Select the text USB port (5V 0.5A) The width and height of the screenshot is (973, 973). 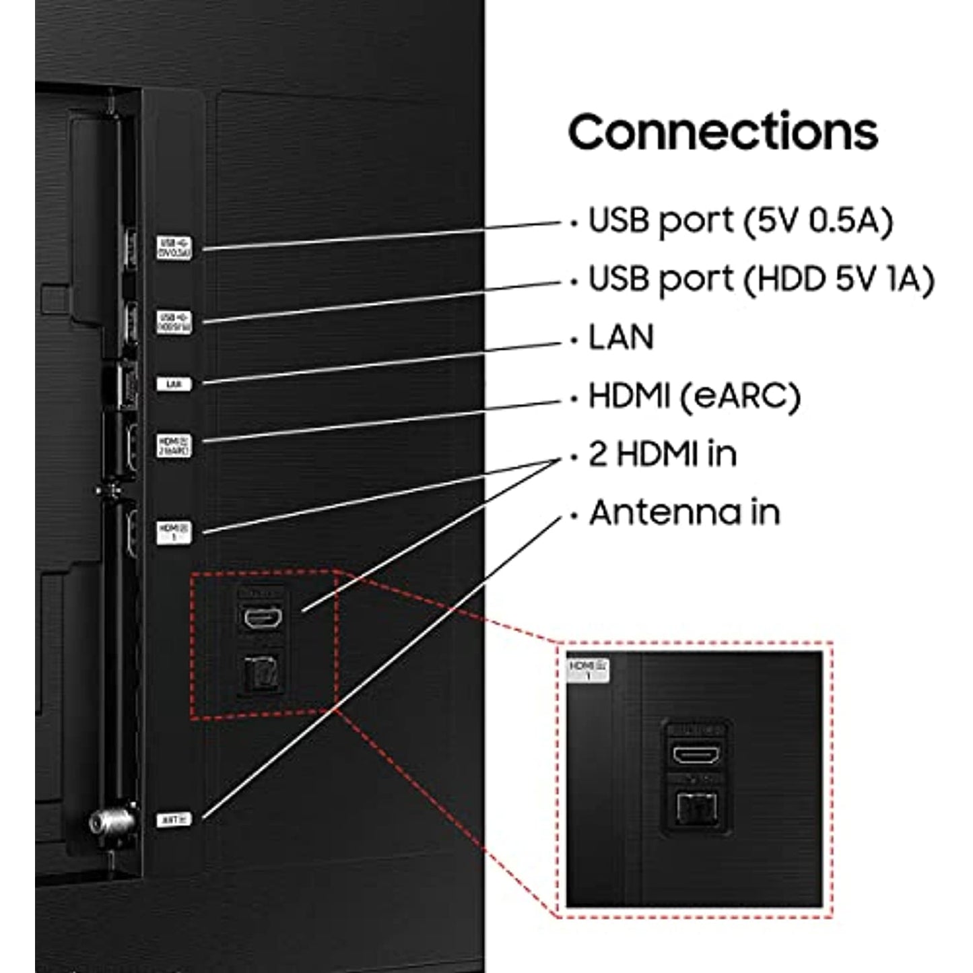(x=740, y=221)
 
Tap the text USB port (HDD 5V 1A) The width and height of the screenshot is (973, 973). (x=761, y=279)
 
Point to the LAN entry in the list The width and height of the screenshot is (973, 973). (x=621, y=337)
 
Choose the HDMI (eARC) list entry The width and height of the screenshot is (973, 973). (x=694, y=396)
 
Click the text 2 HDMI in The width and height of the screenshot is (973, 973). (x=663, y=455)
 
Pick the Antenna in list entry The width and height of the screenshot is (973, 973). (x=684, y=513)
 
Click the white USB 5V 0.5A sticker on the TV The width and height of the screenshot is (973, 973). (x=174, y=248)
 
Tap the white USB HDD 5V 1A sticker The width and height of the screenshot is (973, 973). (x=174, y=321)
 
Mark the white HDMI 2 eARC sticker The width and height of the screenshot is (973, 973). (x=174, y=446)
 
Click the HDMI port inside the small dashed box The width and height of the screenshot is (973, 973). (x=261, y=616)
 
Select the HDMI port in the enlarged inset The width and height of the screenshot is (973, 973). (x=696, y=754)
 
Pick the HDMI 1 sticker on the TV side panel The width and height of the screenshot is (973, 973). (x=174, y=532)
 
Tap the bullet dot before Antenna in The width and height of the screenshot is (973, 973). (x=574, y=516)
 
